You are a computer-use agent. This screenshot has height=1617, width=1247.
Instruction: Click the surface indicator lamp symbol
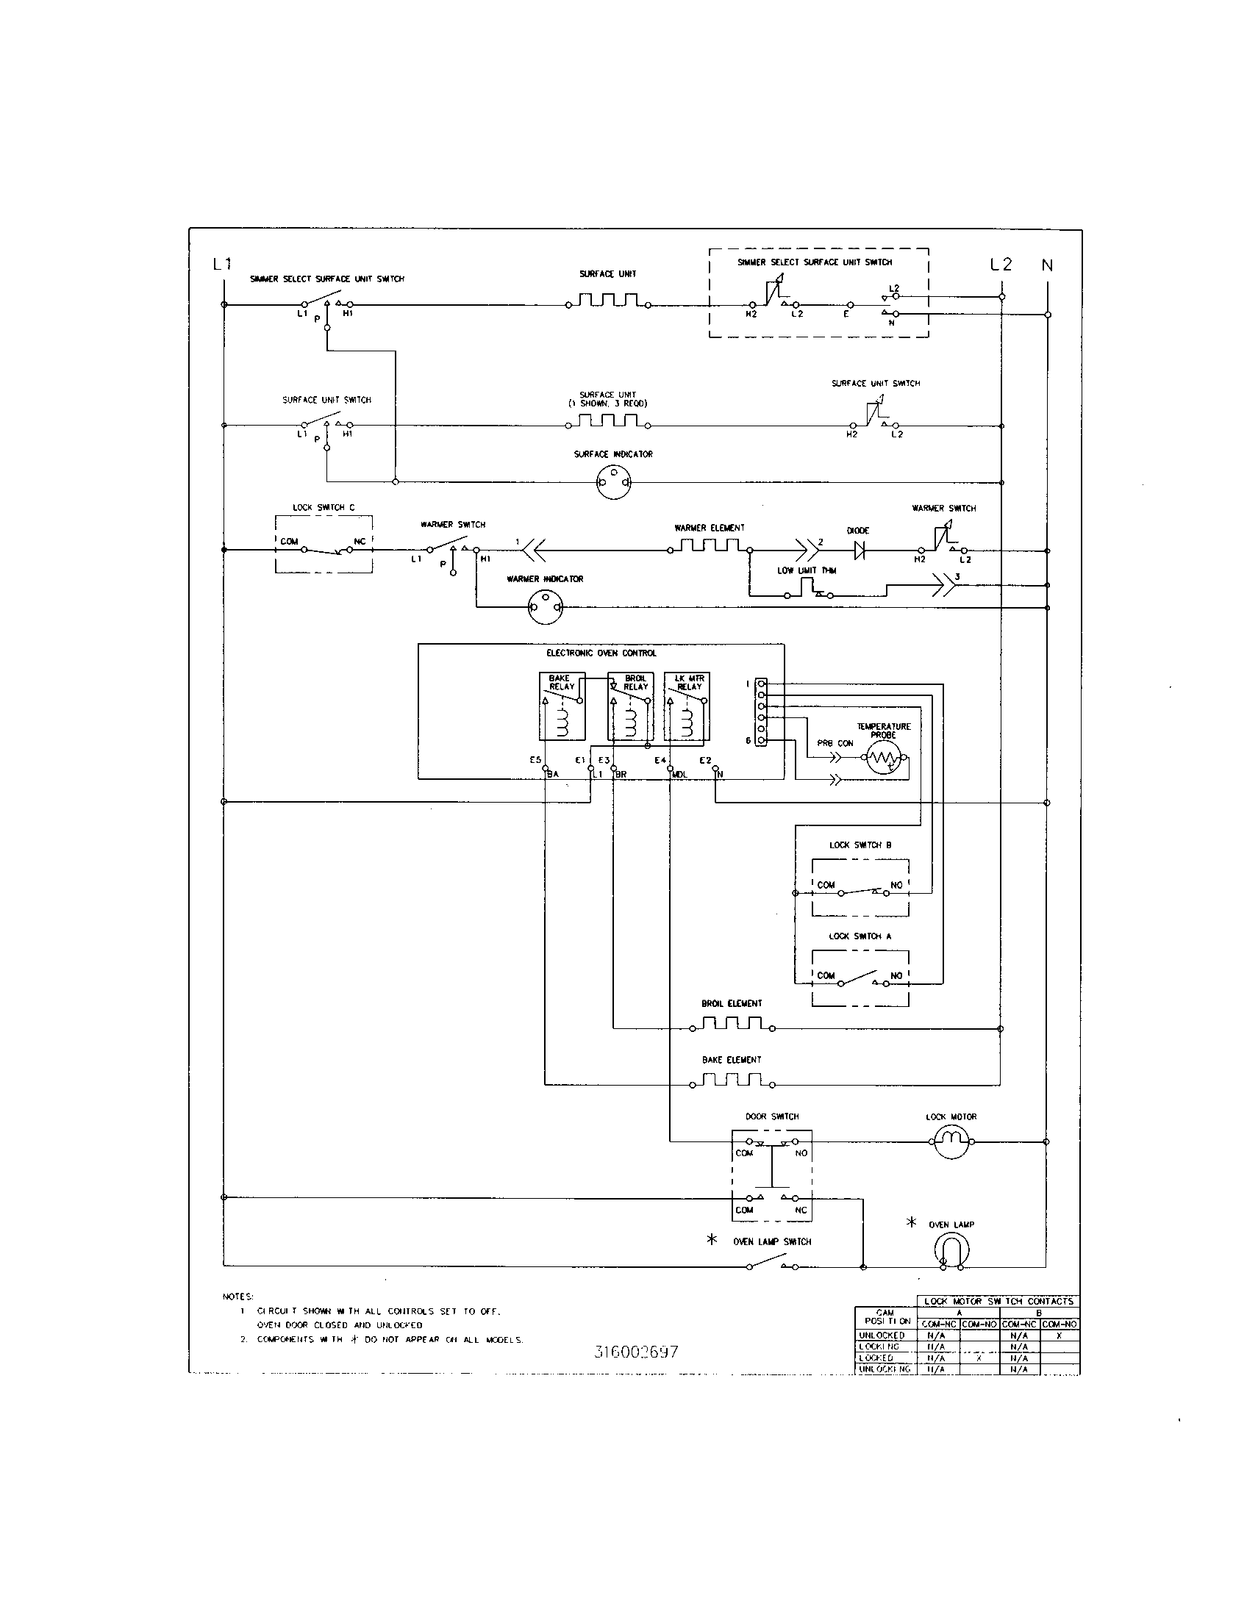[613, 484]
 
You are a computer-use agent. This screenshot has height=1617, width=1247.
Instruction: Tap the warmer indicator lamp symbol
[545, 609]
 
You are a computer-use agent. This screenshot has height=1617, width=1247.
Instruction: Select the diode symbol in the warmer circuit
[860, 550]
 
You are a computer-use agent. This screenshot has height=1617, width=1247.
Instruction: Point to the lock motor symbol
[951, 1141]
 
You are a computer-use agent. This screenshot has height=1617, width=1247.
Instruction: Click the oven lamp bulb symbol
[951, 1252]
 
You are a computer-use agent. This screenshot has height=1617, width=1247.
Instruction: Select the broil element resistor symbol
[732, 1025]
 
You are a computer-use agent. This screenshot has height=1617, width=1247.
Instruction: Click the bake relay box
[562, 706]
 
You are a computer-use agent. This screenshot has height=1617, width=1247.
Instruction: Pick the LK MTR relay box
[687, 706]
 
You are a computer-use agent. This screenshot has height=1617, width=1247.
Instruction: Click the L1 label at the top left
[222, 264]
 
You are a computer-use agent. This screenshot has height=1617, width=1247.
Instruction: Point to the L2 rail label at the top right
[1001, 265]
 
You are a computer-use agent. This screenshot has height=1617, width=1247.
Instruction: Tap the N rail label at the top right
[1047, 265]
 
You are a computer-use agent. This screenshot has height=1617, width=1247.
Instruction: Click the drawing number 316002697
[636, 1351]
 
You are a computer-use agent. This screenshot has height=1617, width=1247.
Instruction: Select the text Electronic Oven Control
[601, 653]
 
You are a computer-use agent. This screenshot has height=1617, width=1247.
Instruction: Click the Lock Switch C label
[324, 507]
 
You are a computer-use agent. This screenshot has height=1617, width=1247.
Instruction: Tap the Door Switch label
[771, 1116]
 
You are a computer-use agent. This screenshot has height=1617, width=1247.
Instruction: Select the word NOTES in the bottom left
[237, 1297]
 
